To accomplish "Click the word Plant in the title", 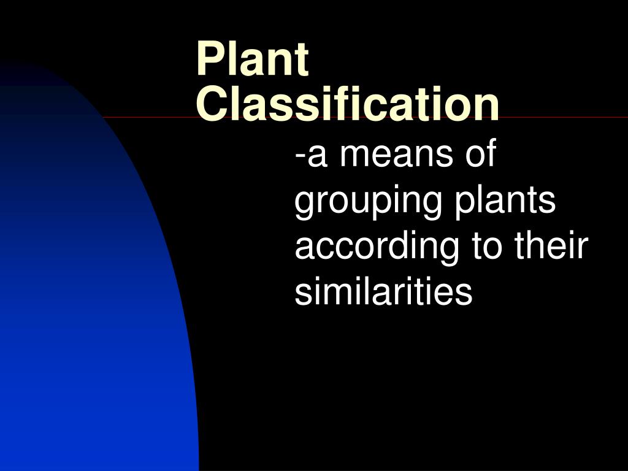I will [252, 60].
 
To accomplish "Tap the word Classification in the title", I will [348, 104].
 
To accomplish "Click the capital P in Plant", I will [209, 60].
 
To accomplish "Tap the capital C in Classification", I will [210, 104].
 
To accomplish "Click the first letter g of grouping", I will [305, 205].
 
